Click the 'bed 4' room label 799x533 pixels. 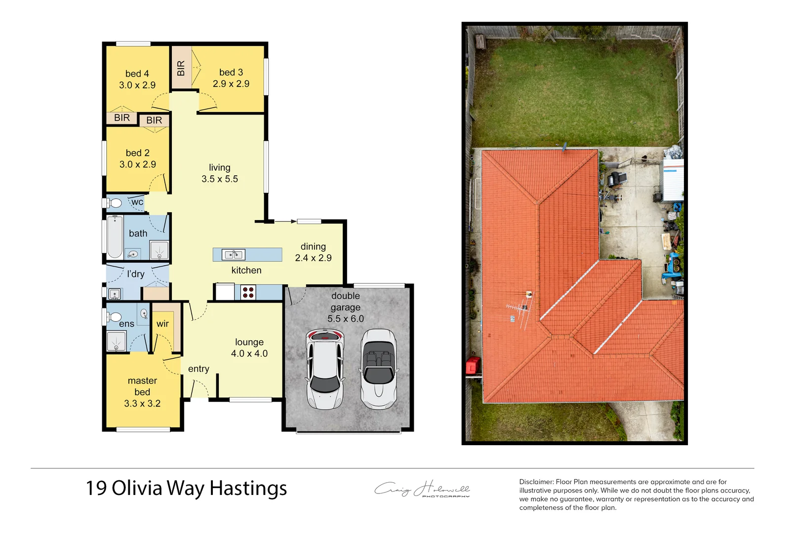pos(137,74)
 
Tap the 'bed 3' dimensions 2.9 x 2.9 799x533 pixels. pos(231,84)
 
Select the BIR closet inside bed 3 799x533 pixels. pos(181,68)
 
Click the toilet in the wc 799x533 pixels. pos(115,203)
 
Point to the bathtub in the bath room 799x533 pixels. pos(115,237)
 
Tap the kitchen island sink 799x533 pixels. pos(234,255)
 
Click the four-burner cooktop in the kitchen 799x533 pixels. pos(248,293)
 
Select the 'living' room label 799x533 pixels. pos(219,168)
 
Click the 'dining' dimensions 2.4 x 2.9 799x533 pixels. pos(313,258)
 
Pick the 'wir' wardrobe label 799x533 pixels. pos(162,324)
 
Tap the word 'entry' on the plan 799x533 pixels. pos(199,369)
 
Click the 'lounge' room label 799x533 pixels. pos(249,342)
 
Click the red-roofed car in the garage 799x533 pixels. pos(324,369)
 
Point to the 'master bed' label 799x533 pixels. pos(142,386)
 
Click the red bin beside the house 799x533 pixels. pos(473,366)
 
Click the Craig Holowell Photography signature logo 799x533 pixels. pos(422,489)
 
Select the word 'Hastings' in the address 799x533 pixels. pos(248,489)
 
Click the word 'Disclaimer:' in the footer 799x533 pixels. pos(536,482)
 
